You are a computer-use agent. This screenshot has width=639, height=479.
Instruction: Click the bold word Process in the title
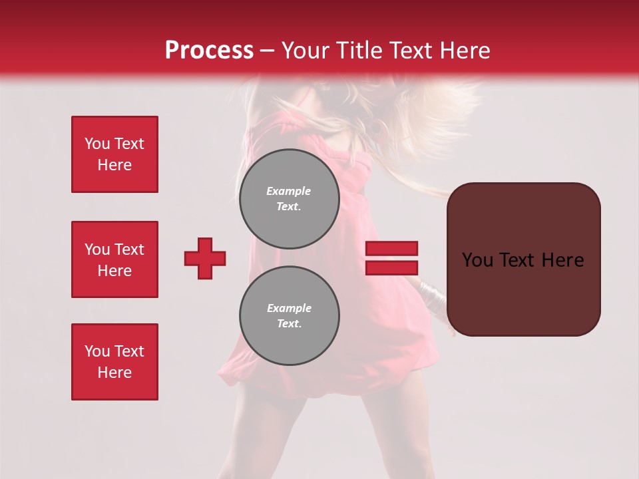point(209,51)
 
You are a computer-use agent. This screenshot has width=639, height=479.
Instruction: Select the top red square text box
point(114,154)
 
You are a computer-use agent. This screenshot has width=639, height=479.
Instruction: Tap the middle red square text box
point(114,259)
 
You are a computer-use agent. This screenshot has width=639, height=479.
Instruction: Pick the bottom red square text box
point(114,362)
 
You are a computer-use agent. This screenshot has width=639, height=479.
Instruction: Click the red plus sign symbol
point(205,258)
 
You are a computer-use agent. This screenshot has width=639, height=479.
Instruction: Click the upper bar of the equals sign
point(391,249)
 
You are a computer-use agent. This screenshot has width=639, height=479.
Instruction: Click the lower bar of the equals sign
point(391,267)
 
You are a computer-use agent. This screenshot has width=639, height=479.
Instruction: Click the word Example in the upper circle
point(288,191)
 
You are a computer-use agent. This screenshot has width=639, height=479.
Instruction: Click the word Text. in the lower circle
point(289,324)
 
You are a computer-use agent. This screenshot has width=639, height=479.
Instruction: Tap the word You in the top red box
point(96,144)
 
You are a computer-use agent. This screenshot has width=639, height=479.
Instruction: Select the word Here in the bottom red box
point(114,373)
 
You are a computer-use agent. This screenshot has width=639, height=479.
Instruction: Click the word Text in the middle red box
point(129,249)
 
